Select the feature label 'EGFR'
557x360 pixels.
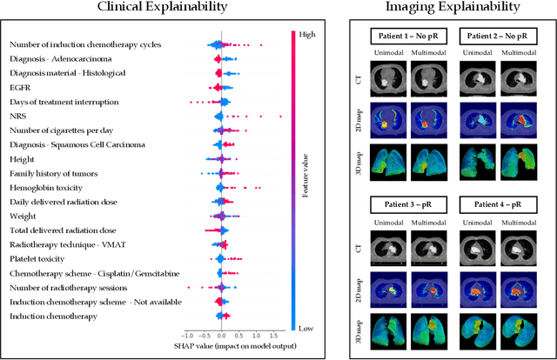point(21,88)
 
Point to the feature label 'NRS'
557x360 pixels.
point(17,116)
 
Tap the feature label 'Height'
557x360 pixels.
point(23,159)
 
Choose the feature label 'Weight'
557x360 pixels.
point(23,217)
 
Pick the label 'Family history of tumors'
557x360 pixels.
point(58,174)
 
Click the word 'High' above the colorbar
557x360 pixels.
point(306,35)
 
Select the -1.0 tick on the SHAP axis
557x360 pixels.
point(186,335)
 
